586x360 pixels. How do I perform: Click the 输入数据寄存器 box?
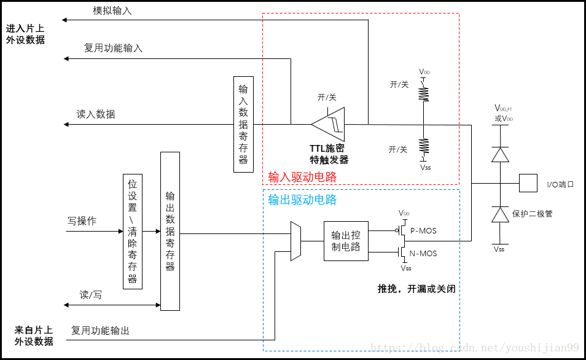click(x=243, y=124)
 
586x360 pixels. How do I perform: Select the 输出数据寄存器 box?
click(x=170, y=231)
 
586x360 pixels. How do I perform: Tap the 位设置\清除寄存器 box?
click(x=133, y=231)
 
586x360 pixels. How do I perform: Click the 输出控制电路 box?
click(x=346, y=241)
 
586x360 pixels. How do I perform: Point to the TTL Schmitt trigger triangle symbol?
click(x=329, y=124)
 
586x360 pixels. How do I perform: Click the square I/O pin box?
click(x=528, y=183)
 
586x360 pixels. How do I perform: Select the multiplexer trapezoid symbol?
click(x=295, y=241)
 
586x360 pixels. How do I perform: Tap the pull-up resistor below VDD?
click(x=424, y=93)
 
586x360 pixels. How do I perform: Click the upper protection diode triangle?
click(x=500, y=154)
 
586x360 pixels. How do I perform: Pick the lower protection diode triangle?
click(x=500, y=214)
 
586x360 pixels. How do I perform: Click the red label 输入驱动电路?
click(x=302, y=178)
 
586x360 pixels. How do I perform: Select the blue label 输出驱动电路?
click(x=302, y=200)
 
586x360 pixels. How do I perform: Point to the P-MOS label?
click(x=423, y=230)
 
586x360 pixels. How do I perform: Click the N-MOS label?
click(x=423, y=253)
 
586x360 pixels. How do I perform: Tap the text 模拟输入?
click(x=112, y=11)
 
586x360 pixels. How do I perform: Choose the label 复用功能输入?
click(x=113, y=48)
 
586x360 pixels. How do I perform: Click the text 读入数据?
click(x=95, y=114)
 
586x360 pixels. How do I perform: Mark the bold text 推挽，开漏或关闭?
click(x=416, y=289)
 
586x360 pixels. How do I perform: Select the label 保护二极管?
click(x=532, y=214)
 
